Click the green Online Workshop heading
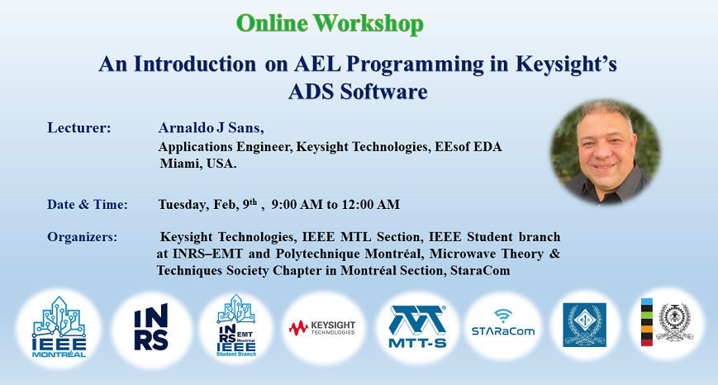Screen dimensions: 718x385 pyautogui.click(x=330, y=23)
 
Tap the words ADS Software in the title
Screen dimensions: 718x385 pyautogui.click(x=358, y=92)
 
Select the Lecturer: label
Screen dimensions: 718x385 pyautogui.click(x=78, y=128)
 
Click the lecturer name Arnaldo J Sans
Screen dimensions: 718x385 pyautogui.click(x=211, y=128)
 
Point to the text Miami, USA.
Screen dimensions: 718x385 pyautogui.click(x=197, y=164)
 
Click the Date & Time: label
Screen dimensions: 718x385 pyautogui.click(x=88, y=204)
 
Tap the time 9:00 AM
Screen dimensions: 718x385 pyautogui.click(x=297, y=204)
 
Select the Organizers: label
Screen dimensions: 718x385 pyautogui.click(x=82, y=237)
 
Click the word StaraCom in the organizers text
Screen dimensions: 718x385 pyautogui.click(x=480, y=270)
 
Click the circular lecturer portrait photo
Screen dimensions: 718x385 pyautogui.click(x=606, y=152)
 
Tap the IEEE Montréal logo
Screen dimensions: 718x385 pyautogui.click(x=59, y=327)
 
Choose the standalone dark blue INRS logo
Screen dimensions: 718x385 pyautogui.click(x=151, y=327)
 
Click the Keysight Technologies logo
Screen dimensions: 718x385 pyautogui.click(x=322, y=327)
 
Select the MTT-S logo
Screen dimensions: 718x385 pyautogui.click(x=417, y=327)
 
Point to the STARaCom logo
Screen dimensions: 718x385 pyautogui.click(x=503, y=323)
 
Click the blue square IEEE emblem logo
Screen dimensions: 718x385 pyautogui.click(x=584, y=325)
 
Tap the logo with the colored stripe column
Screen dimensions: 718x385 pyautogui.click(x=667, y=322)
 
